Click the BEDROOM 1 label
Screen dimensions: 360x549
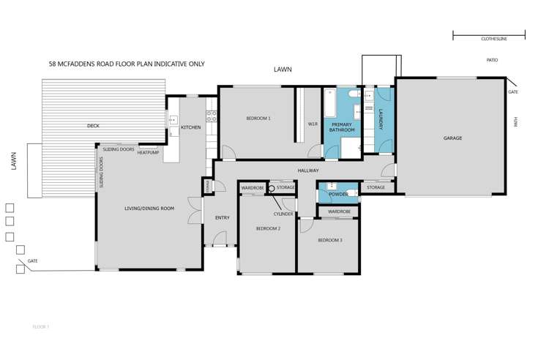[258, 119]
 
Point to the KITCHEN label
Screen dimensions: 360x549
[191, 128]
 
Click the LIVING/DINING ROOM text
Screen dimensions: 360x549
[149, 209]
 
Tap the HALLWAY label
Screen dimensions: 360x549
[307, 170]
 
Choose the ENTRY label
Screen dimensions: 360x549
[222, 218]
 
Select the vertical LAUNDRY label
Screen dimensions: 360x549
[381, 119]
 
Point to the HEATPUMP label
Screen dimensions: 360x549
[148, 152]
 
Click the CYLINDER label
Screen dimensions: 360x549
[283, 214]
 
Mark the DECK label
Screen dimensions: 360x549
[93, 126]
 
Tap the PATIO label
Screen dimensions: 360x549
[492, 60]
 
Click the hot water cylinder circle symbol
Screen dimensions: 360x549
[272, 188]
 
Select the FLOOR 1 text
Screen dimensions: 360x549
[41, 326]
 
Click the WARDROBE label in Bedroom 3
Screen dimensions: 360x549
[339, 211]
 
